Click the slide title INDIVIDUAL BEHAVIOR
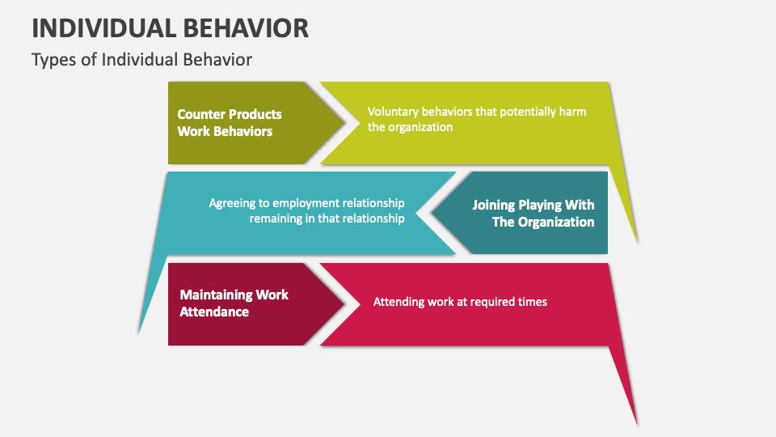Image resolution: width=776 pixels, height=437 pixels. point(171,28)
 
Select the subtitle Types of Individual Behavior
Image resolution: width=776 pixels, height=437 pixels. point(141,60)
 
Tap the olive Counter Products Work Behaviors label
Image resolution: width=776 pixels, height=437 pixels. point(230,123)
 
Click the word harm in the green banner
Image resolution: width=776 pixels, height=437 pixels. point(574,112)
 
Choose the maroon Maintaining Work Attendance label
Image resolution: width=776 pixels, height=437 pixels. point(234,303)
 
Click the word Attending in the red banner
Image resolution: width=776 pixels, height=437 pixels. point(399,302)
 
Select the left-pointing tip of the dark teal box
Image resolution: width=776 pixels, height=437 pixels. point(431,213)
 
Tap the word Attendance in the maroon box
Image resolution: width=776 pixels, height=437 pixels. point(214,312)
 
